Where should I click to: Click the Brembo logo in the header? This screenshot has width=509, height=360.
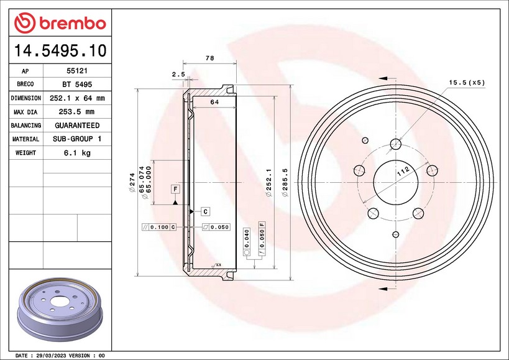pyautogui.click(x=60, y=23)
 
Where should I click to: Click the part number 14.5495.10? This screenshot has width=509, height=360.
pyautogui.click(x=60, y=50)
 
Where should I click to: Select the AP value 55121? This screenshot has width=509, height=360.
pyautogui.click(x=77, y=71)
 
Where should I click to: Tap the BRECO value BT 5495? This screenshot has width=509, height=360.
pyautogui.click(x=77, y=85)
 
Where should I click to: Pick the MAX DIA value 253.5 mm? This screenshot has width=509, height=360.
pyautogui.click(x=76, y=112)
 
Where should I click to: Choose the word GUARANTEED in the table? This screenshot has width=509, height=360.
pyautogui.click(x=77, y=126)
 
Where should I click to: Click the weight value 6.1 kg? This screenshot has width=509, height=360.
pyautogui.click(x=77, y=152)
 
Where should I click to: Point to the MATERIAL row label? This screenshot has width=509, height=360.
pyautogui.click(x=25, y=139)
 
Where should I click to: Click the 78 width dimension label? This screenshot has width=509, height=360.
pyautogui.click(x=209, y=58)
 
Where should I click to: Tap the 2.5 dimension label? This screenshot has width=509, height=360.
pyautogui.click(x=178, y=75)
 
